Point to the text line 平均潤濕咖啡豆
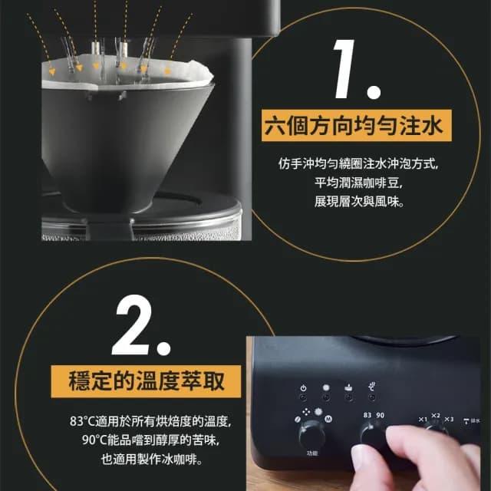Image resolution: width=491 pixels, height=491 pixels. [x=358, y=183]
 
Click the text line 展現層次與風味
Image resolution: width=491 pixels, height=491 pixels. [x=358, y=203]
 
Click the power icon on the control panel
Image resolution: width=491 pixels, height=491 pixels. [x=303, y=388]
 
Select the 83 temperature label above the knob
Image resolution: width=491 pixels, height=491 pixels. [x=367, y=415]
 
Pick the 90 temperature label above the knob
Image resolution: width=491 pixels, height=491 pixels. [x=381, y=415]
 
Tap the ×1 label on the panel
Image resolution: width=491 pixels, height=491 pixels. [x=422, y=419]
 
